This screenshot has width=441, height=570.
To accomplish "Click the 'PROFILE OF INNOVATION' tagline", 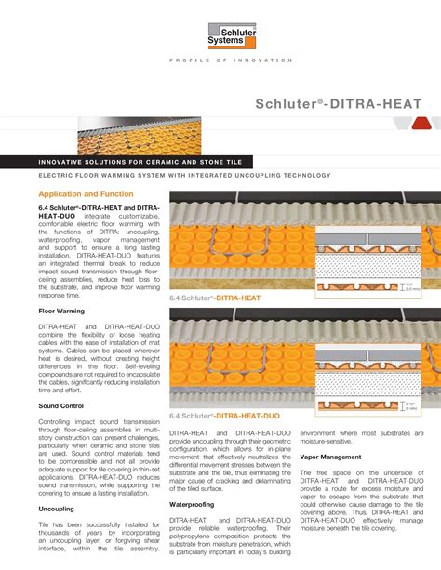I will (231, 60).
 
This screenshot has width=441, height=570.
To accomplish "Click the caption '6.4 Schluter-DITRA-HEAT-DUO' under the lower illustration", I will (224, 417).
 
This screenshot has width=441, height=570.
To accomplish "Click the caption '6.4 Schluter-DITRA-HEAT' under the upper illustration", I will (214, 298).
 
